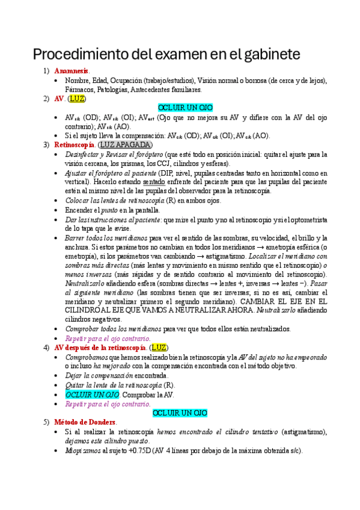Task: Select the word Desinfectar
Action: point(82,154)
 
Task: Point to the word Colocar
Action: point(79,200)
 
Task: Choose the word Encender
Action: point(81,210)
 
